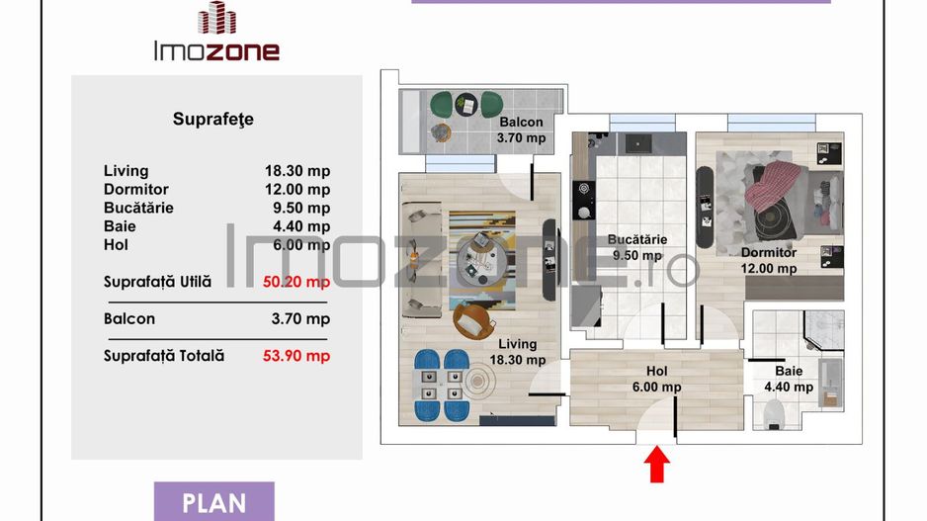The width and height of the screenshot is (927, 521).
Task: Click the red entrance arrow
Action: click(655, 463)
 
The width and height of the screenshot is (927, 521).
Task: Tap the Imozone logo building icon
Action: click(216, 19)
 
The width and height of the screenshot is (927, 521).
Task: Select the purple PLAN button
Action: click(214, 502)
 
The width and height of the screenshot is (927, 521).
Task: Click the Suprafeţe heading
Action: click(213, 120)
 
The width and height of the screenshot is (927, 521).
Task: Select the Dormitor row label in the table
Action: click(136, 190)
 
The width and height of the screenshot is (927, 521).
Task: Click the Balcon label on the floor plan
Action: click(521, 123)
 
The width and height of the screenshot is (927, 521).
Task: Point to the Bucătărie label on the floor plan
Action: click(636, 239)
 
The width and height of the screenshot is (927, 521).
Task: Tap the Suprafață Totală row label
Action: click(164, 356)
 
